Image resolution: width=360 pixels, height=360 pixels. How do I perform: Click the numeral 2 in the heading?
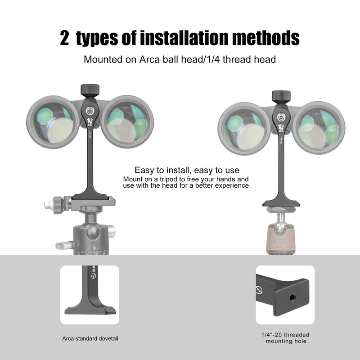[66, 39]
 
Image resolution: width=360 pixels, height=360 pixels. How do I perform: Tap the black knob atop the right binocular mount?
[281, 96]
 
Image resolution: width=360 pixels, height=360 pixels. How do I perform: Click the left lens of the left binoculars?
[50, 123]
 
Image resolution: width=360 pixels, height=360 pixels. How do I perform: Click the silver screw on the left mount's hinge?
[90, 110]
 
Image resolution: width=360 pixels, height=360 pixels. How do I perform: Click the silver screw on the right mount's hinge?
[282, 117]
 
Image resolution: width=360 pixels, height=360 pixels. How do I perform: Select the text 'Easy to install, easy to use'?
[187, 171]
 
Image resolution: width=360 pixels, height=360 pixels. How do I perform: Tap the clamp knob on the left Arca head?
[56, 205]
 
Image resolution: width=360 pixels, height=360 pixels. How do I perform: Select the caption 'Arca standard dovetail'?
[90, 338]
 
